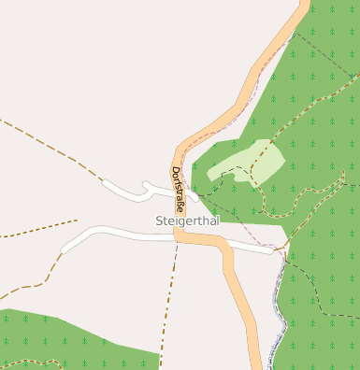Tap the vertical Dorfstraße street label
[178, 187]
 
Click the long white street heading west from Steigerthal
[112, 231]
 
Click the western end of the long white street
[65, 249]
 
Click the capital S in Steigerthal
[158, 221]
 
